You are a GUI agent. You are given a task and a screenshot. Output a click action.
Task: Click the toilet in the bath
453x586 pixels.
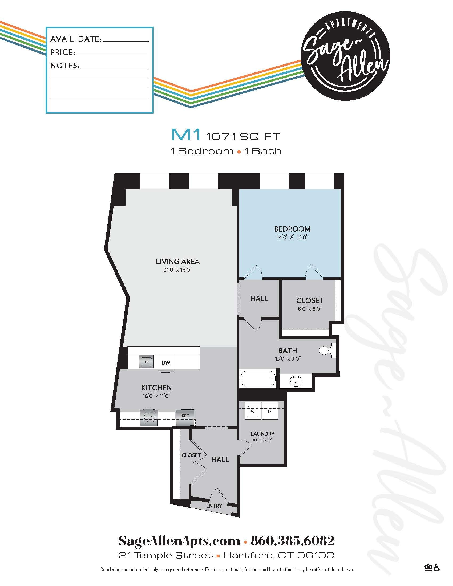[327, 351]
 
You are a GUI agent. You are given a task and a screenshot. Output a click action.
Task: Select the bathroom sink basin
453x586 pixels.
[296, 381]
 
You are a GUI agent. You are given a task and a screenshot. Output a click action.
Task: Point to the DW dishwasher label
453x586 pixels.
[166, 363]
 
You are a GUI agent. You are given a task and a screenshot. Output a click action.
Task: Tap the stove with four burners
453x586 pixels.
[149, 417]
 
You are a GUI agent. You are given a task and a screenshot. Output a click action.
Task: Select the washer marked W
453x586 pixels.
[253, 411]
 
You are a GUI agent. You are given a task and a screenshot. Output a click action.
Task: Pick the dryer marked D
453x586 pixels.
[270, 411]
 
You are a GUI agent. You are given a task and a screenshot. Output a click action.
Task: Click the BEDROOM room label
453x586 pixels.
[292, 229]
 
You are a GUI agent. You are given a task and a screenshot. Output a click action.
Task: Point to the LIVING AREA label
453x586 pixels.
[178, 261]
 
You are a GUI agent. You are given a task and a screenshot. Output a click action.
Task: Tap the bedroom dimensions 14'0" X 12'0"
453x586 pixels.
[292, 237]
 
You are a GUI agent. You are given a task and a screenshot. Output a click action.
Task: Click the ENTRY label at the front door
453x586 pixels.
[214, 506]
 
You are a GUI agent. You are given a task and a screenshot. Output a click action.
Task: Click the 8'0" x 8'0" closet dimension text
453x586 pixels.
[310, 308]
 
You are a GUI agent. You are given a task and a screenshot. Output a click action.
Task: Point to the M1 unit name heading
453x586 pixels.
[186, 135]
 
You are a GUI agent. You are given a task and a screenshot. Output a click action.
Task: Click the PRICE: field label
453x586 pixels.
[63, 52]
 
